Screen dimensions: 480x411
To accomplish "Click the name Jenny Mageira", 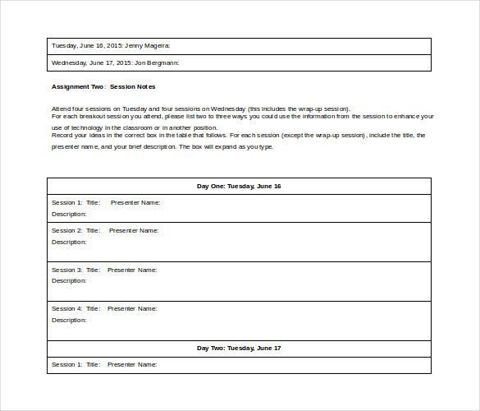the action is tap(149, 45).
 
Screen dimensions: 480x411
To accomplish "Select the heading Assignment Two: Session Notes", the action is tap(103, 86).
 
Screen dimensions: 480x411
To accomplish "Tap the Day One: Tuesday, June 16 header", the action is tap(239, 186).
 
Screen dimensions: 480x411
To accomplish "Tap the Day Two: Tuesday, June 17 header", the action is tap(239, 348).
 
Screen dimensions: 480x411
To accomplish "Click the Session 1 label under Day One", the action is tap(66, 202).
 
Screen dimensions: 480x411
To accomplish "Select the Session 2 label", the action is tap(66, 230).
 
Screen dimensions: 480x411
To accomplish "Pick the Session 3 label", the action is tap(66, 270).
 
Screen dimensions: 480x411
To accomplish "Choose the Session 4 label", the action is tap(66, 308).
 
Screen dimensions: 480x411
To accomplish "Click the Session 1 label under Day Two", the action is tap(66, 364).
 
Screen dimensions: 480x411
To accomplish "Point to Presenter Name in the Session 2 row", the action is tap(134, 230).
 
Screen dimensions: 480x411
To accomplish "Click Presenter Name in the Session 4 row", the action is tap(131, 308).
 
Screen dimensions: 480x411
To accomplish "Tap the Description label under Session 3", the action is tap(69, 280).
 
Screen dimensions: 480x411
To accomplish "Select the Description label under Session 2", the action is tap(69, 242).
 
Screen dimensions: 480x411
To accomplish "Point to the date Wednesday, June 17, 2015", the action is tap(89, 62).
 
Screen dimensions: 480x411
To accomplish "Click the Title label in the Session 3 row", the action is tap(93, 270).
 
